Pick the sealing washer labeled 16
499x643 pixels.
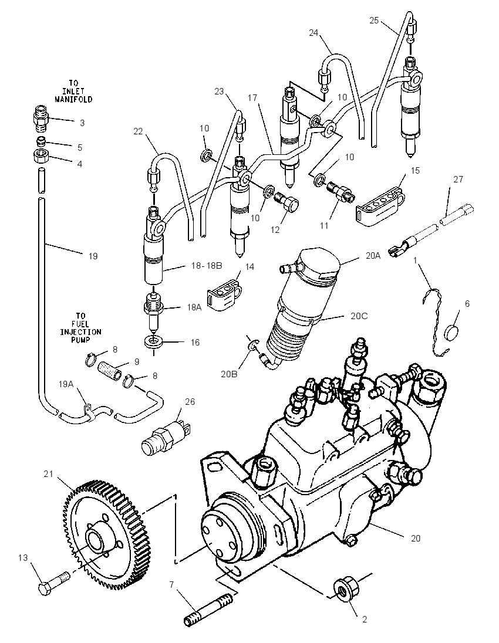(153, 341)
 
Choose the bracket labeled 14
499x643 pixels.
(223, 293)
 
